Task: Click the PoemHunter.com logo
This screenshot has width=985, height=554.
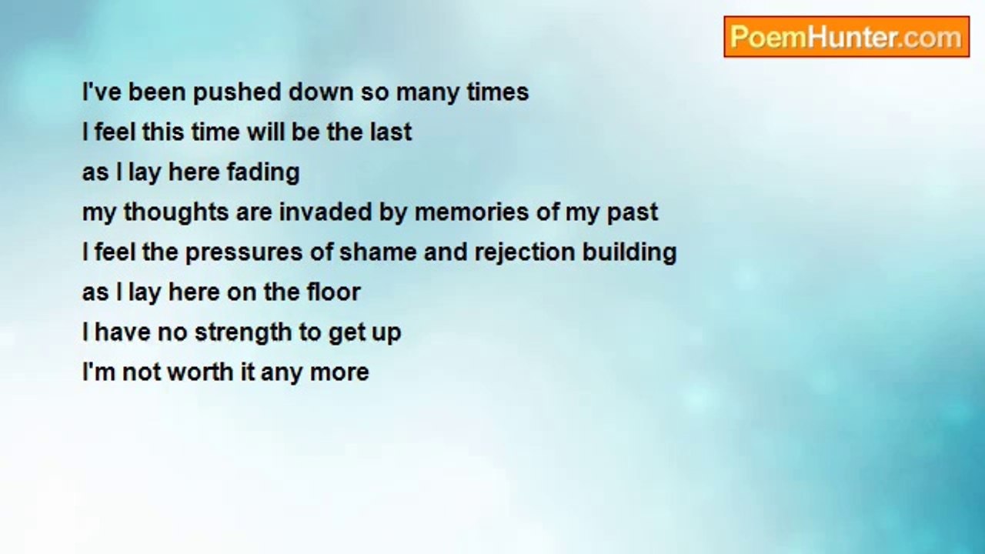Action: point(846,37)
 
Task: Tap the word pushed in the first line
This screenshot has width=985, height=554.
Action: point(237,93)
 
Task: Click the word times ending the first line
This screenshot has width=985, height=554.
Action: point(497,92)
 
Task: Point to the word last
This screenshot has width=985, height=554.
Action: point(391,132)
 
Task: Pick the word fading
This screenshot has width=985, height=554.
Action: point(263,172)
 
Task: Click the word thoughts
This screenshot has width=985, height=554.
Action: point(175,212)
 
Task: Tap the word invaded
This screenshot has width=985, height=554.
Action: point(326,212)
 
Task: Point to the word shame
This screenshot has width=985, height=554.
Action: point(378,252)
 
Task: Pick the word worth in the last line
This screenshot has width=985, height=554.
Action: point(201,372)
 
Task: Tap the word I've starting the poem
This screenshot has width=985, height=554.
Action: point(102,92)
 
